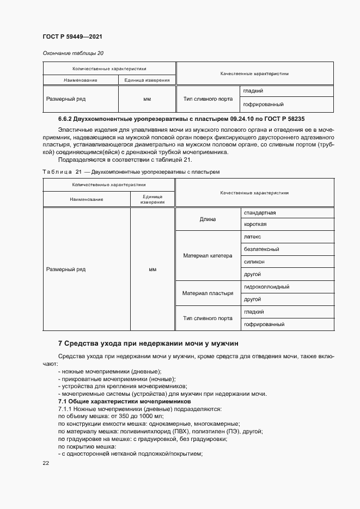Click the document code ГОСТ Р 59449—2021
click(x=72, y=36)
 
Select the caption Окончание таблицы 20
click(x=73, y=53)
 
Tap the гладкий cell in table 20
click(x=254, y=91)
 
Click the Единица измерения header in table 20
click(x=147, y=80)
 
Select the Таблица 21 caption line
click(x=131, y=172)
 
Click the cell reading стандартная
click(x=260, y=212)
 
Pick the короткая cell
click(x=255, y=224)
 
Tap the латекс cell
click(x=253, y=237)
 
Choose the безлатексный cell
click(x=261, y=249)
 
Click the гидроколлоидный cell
click(x=266, y=286)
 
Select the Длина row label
click(x=208, y=219)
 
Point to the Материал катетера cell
click(x=208, y=255)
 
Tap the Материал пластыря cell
click(x=208, y=293)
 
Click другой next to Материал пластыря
click(x=253, y=299)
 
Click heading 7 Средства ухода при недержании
click(x=148, y=344)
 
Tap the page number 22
click(x=46, y=463)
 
